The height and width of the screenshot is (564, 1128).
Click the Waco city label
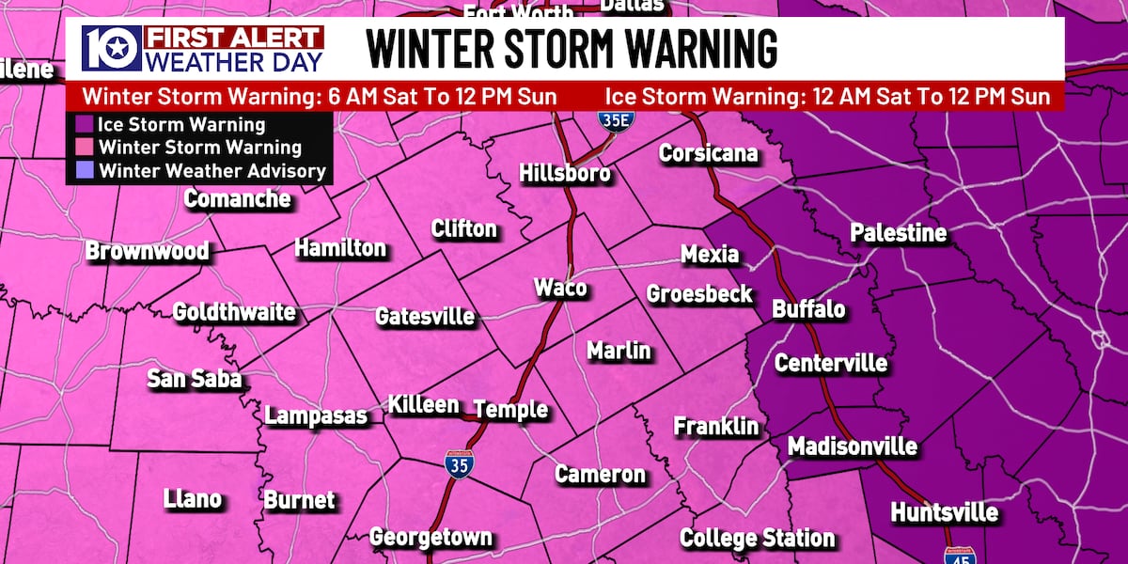click(560, 288)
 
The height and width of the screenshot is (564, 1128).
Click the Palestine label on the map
click(898, 233)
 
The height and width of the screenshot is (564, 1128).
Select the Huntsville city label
click(943, 513)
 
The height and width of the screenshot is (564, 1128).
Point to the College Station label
click(757, 538)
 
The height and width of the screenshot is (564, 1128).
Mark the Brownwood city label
click(147, 252)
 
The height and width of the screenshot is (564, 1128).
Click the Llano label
click(192, 498)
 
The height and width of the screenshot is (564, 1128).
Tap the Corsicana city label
click(708, 153)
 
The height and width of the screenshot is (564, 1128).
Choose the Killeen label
click(424, 405)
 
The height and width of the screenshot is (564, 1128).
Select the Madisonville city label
click(852, 446)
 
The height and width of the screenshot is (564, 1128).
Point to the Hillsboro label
click(565, 174)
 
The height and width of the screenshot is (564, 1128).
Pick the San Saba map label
click(195, 379)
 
